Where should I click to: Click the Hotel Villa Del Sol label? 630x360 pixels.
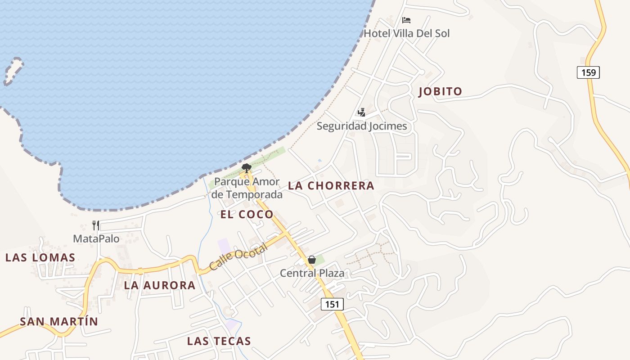click(406, 33)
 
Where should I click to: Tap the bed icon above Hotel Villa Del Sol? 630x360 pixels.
click(406, 20)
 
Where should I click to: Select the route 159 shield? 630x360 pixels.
click(588, 72)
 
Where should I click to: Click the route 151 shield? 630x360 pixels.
click(332, 304)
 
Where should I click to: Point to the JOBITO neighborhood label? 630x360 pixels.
click(440, 92)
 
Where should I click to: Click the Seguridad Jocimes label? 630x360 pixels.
click(361, 126)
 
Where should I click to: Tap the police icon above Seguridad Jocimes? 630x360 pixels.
click(361, 112)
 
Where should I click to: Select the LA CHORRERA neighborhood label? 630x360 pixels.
click(331, 185)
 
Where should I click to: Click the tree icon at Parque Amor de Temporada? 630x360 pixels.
click(246, 168)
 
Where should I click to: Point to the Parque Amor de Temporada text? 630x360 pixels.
click(247, 188)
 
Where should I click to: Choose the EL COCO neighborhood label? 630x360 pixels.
click(247, 215)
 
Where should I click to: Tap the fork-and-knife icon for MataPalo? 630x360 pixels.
click(96, 225)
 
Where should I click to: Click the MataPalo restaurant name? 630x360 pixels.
click(96, 238)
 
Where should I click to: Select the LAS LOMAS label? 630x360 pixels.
click(40, 258)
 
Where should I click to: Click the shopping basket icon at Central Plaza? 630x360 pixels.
click(311, 260)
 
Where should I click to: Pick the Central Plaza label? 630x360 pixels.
click(312, 273)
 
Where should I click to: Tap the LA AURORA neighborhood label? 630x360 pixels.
click(160, 285)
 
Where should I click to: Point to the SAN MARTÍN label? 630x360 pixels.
click(58, 321)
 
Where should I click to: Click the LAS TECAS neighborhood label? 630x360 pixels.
click(219, 341)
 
